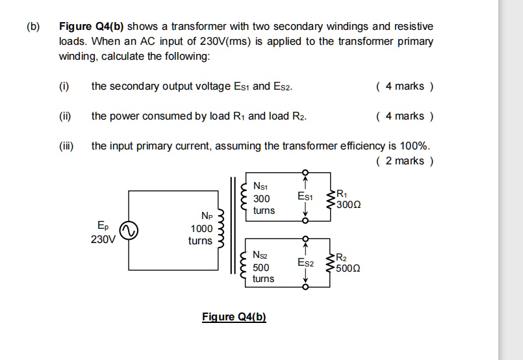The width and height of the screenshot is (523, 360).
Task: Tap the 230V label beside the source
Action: click(x=103, y=238)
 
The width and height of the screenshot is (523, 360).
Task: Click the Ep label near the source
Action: click(x=103, y=225)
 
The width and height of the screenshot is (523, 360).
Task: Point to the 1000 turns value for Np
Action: click(x=201, y=229)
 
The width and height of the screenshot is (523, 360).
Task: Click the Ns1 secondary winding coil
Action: click(x=244, y=197)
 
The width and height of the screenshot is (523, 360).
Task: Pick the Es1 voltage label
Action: click(x=305, y=196)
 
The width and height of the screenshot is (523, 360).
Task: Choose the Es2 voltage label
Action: click(x=305, y=263)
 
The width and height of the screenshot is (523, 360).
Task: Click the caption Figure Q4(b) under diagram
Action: click(x=234, y=316)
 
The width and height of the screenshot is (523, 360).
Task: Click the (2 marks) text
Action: click(x=404, y=161)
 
